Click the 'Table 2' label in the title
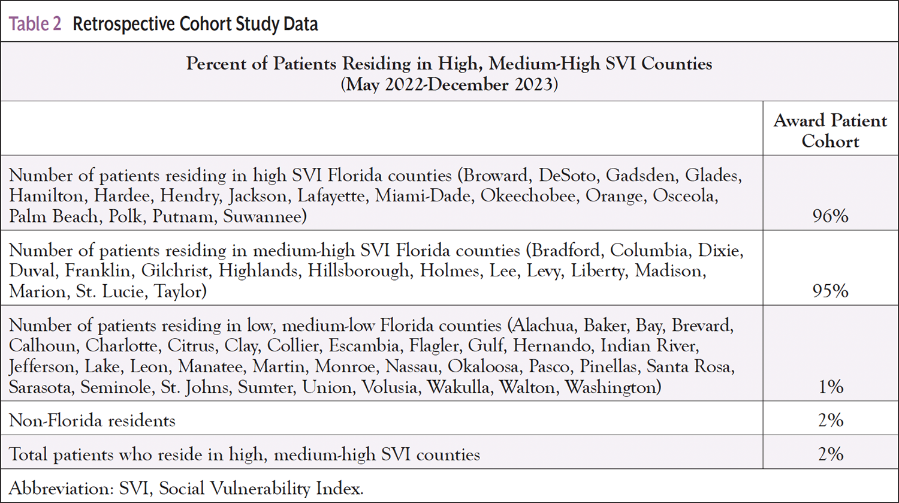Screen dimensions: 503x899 point(35,24)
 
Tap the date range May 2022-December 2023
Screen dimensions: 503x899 point(450,84)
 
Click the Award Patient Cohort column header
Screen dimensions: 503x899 point(830,131)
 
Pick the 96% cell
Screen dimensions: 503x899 point(830,216)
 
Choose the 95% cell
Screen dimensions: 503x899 point(830,291)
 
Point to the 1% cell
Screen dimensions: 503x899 point(831,387)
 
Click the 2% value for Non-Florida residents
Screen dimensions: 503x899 point(831,420)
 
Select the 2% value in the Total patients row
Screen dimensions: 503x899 point(831,454)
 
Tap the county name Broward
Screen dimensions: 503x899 point(496,176)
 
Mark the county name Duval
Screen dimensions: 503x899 point(32,271)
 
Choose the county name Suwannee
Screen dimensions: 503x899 point(264,216)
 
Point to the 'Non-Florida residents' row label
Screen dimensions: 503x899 point(92,420)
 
